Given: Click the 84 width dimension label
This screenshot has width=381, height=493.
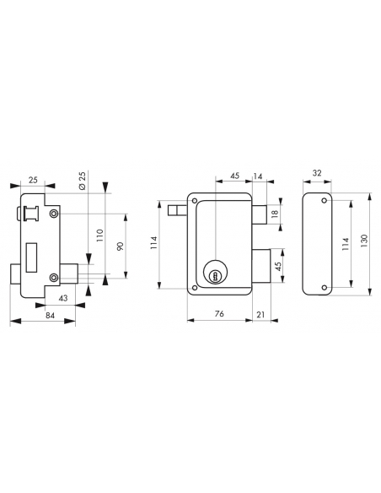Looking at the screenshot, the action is point(51,315).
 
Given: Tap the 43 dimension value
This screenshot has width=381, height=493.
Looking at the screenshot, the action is point(63,298).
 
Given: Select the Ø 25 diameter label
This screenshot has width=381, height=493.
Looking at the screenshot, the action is point(83,181).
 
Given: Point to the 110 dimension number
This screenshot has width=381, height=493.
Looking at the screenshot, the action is point(99,236).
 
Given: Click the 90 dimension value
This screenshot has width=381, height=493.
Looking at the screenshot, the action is point(121,246).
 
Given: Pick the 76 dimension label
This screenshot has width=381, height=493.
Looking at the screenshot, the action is point(219,314).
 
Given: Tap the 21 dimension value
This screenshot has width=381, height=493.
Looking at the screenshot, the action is point(260,314).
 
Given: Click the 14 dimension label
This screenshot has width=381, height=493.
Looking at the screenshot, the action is point(258,176).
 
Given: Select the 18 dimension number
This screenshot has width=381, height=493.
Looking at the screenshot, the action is point(275,214).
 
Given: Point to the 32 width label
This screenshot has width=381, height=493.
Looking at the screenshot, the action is point(317,173).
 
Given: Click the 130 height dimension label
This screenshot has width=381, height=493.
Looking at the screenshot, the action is point(364,241).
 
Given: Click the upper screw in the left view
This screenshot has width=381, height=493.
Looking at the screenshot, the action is point(54,214).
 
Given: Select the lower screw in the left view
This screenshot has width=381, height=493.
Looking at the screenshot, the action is point(54,277).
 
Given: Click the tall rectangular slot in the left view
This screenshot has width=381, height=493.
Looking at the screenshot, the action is point(31,257).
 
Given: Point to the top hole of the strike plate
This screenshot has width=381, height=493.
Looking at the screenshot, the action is point(325,200).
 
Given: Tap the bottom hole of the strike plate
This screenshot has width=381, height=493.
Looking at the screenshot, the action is point(325,287).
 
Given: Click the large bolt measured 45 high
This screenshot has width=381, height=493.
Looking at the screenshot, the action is point(261,266).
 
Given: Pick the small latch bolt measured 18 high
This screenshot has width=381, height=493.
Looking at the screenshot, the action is point(260,214).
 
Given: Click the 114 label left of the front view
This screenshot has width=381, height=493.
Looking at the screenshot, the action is point(154,243).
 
